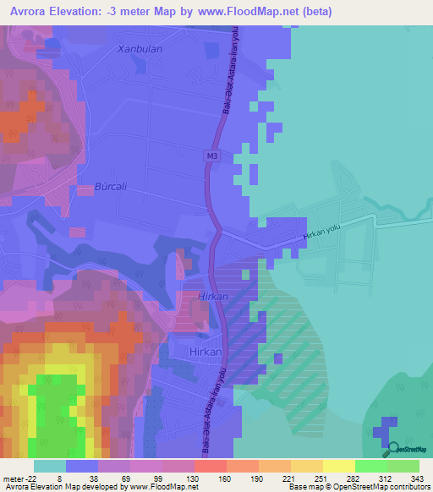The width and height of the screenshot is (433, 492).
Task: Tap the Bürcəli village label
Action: tap(110, 187)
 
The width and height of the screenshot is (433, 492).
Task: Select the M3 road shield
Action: tap(212, 156)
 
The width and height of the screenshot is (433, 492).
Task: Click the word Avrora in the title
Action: tap(30, 12)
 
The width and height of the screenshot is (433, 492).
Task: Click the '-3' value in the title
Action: tap(129, 12)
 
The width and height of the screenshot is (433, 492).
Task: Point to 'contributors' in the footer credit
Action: tap(404, 487)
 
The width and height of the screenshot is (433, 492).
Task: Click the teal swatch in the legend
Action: tap(50, 466)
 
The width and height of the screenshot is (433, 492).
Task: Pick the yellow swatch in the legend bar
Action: tap(339, 466)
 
